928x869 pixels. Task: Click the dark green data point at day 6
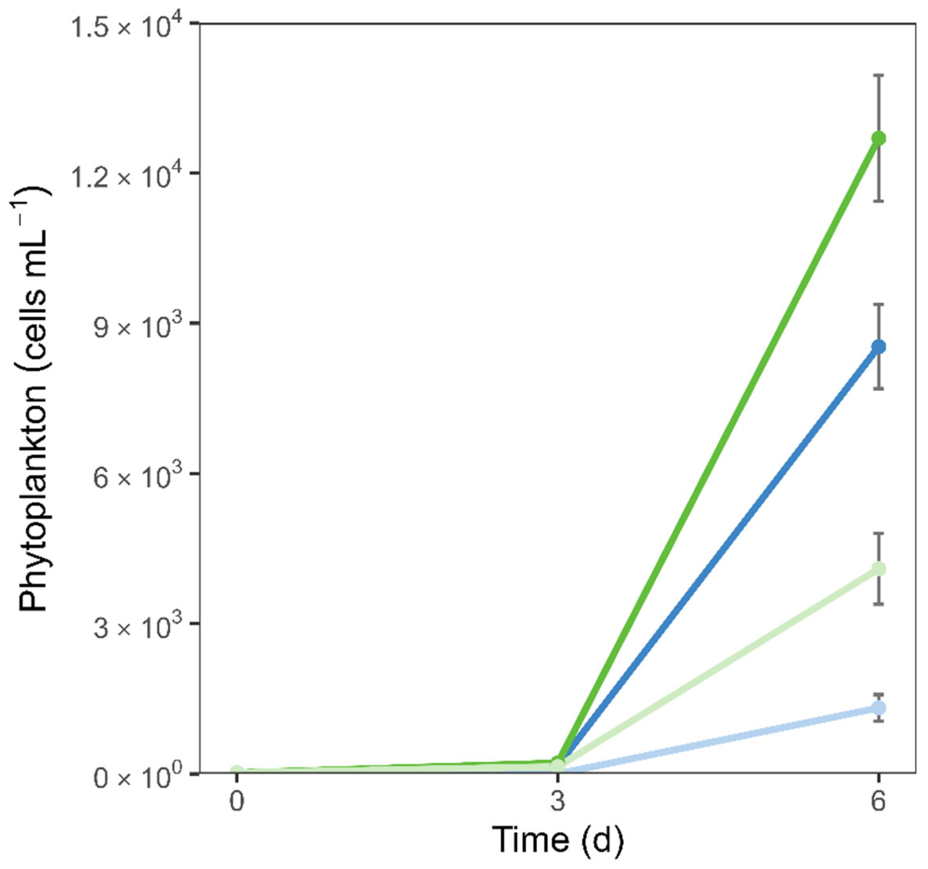click(879, 138)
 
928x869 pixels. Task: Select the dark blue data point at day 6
click(879, 347)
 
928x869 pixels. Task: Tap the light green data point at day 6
click(879, 569)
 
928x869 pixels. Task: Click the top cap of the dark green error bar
click(879, 75)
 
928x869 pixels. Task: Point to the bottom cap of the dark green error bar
click(879, 201)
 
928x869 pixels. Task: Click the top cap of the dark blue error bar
click(879, 304)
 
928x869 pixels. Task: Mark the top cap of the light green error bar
click(879, 533)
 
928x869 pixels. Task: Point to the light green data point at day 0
click(237, 770)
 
